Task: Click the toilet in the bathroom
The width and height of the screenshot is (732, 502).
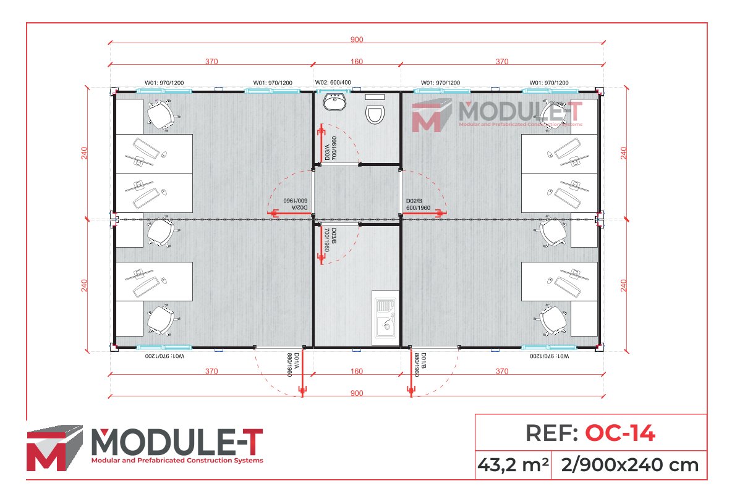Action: (375, 114)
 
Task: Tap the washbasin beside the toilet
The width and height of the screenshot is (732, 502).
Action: (336, 102)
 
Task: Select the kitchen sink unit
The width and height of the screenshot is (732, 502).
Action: (385, 317)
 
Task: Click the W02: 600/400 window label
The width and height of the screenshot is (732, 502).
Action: (333, 83)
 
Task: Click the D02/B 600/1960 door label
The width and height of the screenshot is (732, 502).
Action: (418, 204)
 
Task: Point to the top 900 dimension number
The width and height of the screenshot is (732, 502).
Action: (357, 40)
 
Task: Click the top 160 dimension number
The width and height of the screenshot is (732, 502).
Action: (357, 61)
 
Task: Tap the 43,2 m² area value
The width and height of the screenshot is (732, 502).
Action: (513, 464)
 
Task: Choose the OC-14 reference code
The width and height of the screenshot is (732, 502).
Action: (619, 433)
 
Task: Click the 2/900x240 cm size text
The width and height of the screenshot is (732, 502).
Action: (631, 464)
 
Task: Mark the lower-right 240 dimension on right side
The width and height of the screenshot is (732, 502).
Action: (624, 285)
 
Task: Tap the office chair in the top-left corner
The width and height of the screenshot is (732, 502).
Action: (162, 115)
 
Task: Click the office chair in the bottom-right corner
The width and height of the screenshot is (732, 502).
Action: (552, 319)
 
